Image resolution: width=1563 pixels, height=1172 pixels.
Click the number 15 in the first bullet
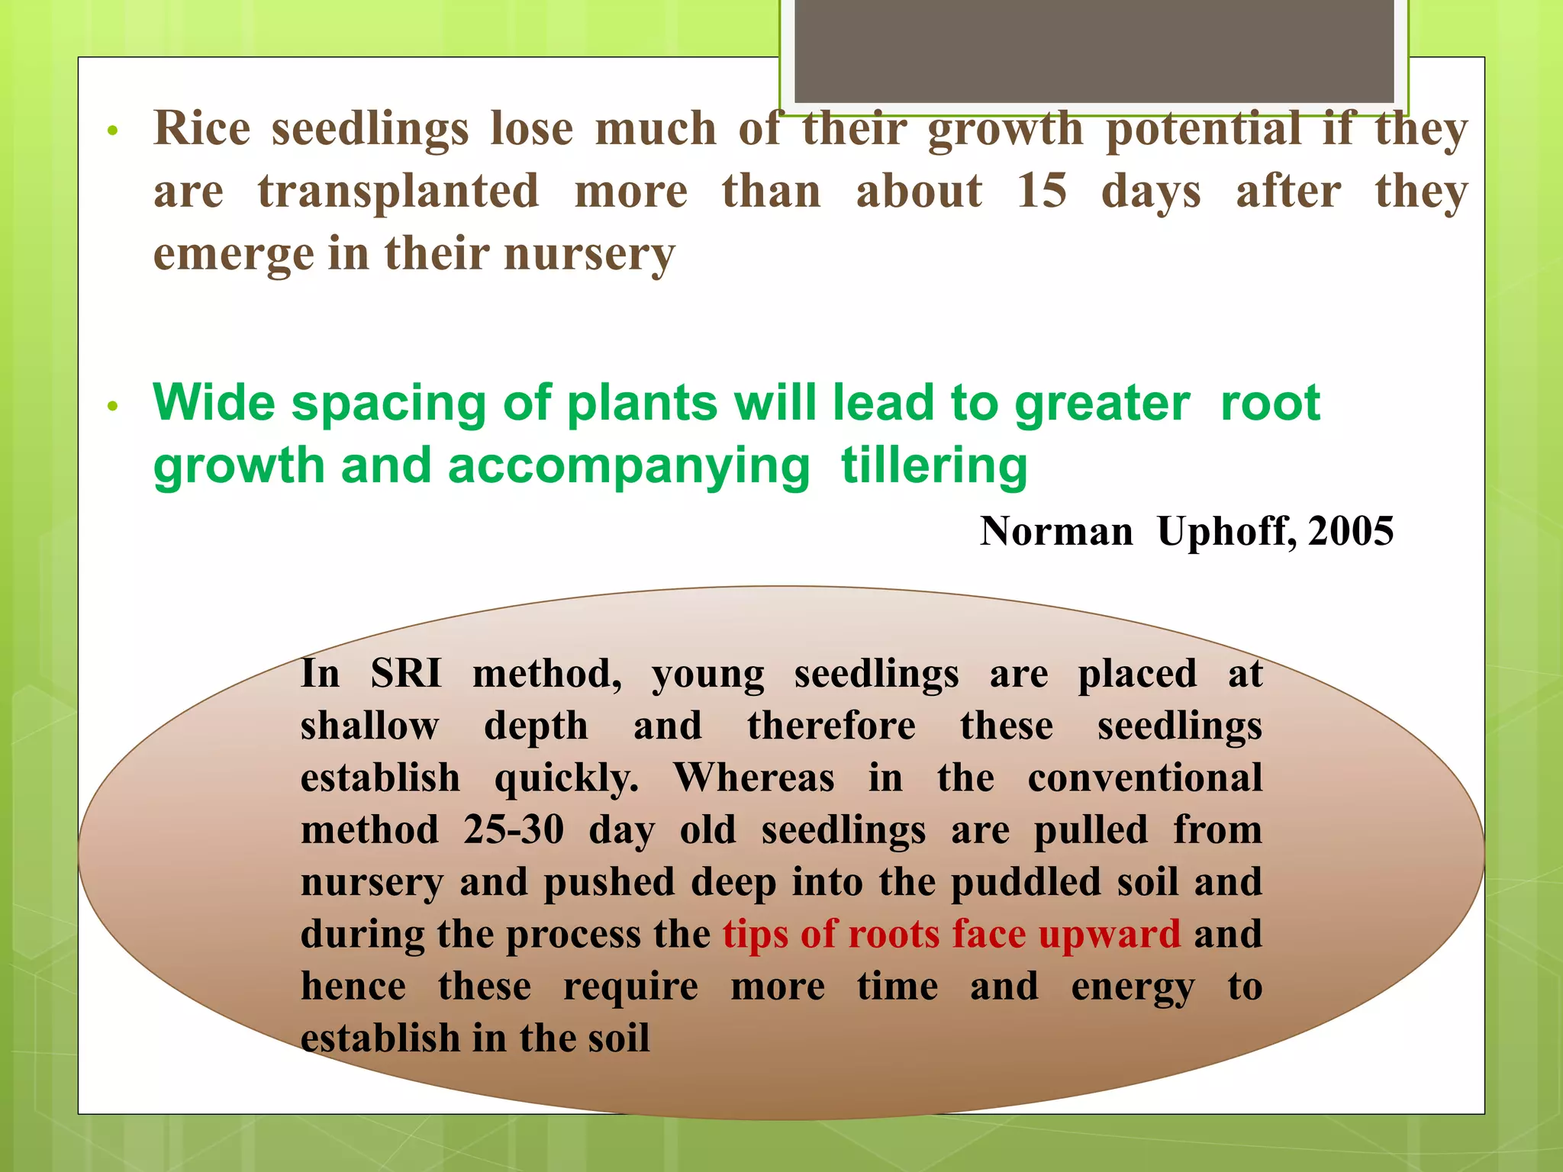pos(1042,191)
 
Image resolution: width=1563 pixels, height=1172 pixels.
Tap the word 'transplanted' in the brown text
pos(398,192)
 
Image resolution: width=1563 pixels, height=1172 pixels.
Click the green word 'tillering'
pos(934,465)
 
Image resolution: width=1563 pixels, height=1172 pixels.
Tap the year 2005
pos(1351,531)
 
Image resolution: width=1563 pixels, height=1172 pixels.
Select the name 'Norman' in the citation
pos(1056,531)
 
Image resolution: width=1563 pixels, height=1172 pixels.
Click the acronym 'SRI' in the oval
pos(406,674)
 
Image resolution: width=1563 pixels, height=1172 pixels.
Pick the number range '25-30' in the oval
pos(514,830)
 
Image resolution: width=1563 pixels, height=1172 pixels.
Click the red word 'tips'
pos(756,935)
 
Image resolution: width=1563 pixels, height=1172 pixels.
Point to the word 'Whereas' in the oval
pos(754,778)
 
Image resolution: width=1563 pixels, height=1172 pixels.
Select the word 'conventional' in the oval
pos(1145,778)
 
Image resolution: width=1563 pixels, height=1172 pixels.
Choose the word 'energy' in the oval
pos(1133,987)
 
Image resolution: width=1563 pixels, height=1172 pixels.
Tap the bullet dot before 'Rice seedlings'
pos(113,130)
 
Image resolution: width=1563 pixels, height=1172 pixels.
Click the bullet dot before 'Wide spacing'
pos(113,406)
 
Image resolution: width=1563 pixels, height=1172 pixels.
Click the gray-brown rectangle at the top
pos(1094,50)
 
